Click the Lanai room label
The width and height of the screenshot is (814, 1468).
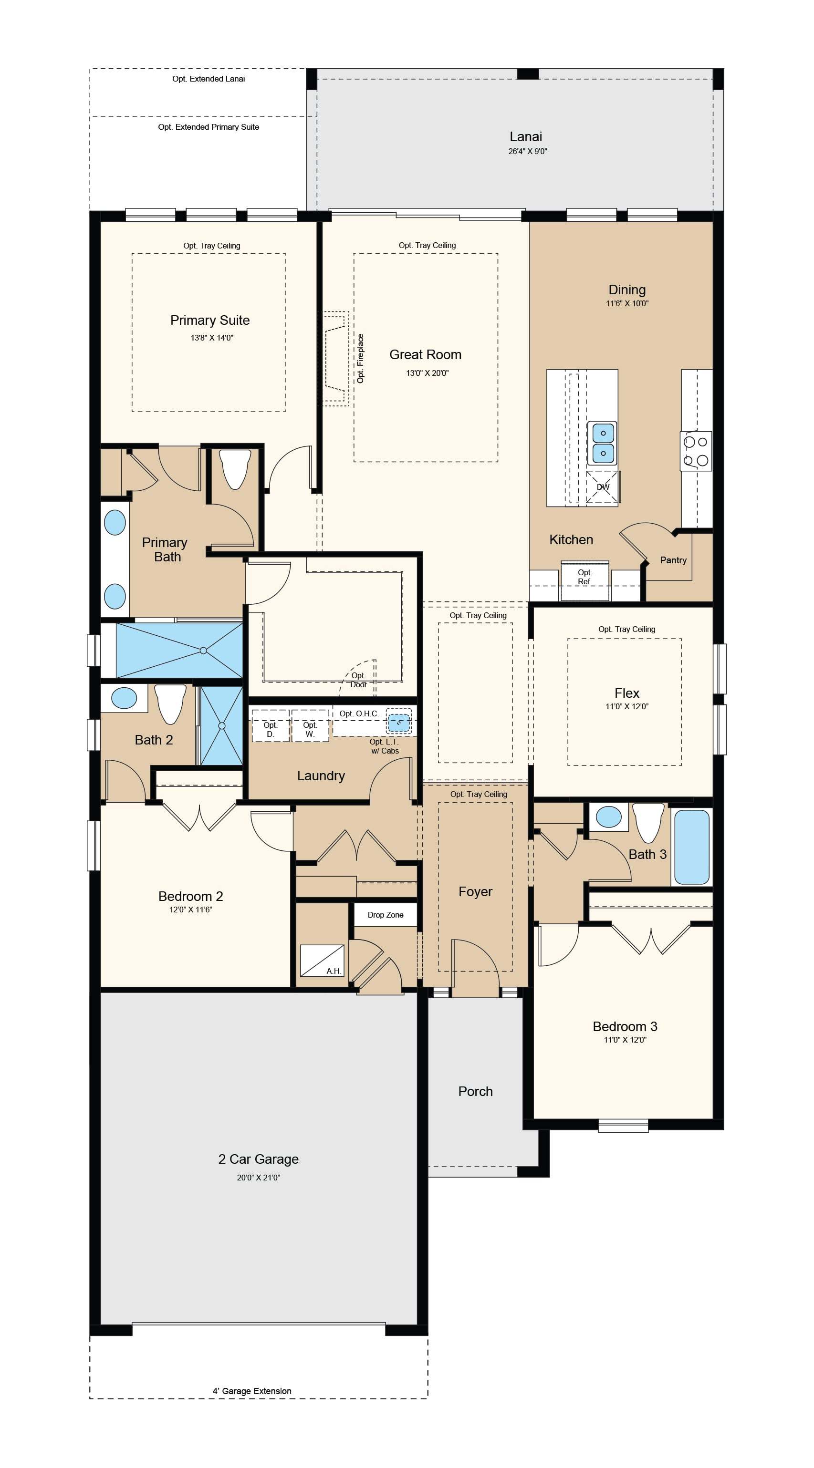click(525, 137)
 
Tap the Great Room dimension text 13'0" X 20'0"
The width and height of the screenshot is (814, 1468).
click(428, 373)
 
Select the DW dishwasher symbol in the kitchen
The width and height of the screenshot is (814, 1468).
click(603, 487)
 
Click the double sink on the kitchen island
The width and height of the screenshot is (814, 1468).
click(603, 444)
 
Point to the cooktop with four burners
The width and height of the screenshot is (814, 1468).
click(696, 451)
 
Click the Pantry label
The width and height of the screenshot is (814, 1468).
click(673, 560)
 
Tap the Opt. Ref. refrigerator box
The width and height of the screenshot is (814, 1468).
click(585, 581)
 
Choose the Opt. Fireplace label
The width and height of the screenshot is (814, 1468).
click(360, 359)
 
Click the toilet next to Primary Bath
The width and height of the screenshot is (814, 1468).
click(235, 468)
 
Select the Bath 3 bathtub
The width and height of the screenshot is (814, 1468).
click(692, 847)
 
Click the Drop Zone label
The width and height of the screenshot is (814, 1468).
click(386, 915)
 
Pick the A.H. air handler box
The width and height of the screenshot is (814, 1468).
click(322, 961)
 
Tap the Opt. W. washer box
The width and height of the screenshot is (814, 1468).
click(310, 725)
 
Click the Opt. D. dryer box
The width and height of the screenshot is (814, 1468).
click(270, 725)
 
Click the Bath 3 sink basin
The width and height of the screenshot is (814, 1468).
click(608, 817)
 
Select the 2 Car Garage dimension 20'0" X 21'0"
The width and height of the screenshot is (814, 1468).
click(258, 1178)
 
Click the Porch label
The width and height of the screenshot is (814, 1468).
click(475, 1091)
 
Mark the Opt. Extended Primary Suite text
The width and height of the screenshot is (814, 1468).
click(209, 127)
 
